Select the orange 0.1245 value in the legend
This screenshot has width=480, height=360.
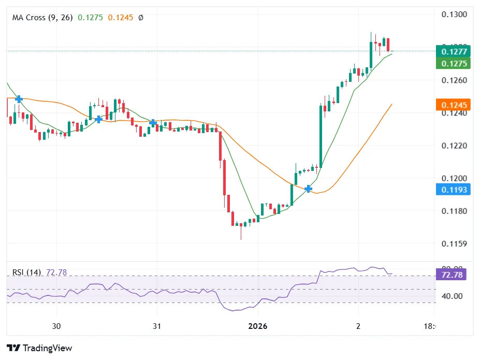pyautogui.click(x=121, y=18)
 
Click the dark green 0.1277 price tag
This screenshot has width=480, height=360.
pyautogui.click(x=453, y=51)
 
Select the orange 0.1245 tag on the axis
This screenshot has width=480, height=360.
pyautogui.click(x=453, y=105)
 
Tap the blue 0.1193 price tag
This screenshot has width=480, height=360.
pyautogui.click(x=453, y=190)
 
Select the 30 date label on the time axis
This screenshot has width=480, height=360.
pyautogui.click(x=56, y=326)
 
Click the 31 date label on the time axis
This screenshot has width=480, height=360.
pyautogui.click(x=157, y=326)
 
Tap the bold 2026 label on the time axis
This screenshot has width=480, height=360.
pyautogui.click(x=257, y=326)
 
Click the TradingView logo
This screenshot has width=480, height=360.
pyautogui.click(x=39, y=348)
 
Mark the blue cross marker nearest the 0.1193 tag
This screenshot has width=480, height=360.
pyautogui.click(x=309, y=189)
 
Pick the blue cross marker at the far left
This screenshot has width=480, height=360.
pyautogui.click(x=19, y=99)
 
